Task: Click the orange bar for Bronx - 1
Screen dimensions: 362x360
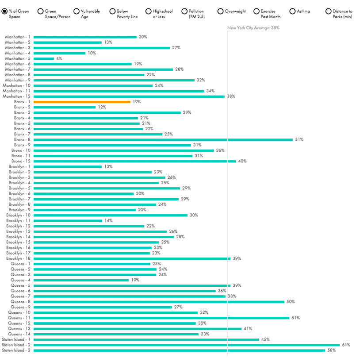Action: (x=82, y=102)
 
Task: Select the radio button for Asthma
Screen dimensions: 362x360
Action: (x=293, y=11)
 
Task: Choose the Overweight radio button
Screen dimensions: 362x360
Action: (x=221, y=11)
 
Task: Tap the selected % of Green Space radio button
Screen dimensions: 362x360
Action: (x=4, y=11)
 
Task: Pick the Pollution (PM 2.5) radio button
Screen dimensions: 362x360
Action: (x=184, y=11)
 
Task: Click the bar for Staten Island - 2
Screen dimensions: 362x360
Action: (x=186, y=345)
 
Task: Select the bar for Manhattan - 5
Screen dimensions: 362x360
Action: (x=44, y=58)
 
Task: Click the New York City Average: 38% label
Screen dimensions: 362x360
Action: (x=253, y=28)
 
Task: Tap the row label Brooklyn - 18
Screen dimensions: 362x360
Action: (x=18, y=258)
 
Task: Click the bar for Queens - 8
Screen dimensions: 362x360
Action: (x=159, y=302)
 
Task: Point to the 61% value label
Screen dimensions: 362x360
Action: (x=346, y=345)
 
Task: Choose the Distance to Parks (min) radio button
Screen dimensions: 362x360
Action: (x=329, y=11)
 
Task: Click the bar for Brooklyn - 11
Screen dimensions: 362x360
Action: (x=68, y=220)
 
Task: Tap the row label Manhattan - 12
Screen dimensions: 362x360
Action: (x=17, y=96)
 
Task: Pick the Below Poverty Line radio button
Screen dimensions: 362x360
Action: (x=112, y=11)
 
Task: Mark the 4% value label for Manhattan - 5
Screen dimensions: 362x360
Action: (x=59, y=58)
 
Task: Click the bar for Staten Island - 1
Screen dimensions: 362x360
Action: (x=146, y=339)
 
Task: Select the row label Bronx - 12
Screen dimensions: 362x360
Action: (x=21, y=161)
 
